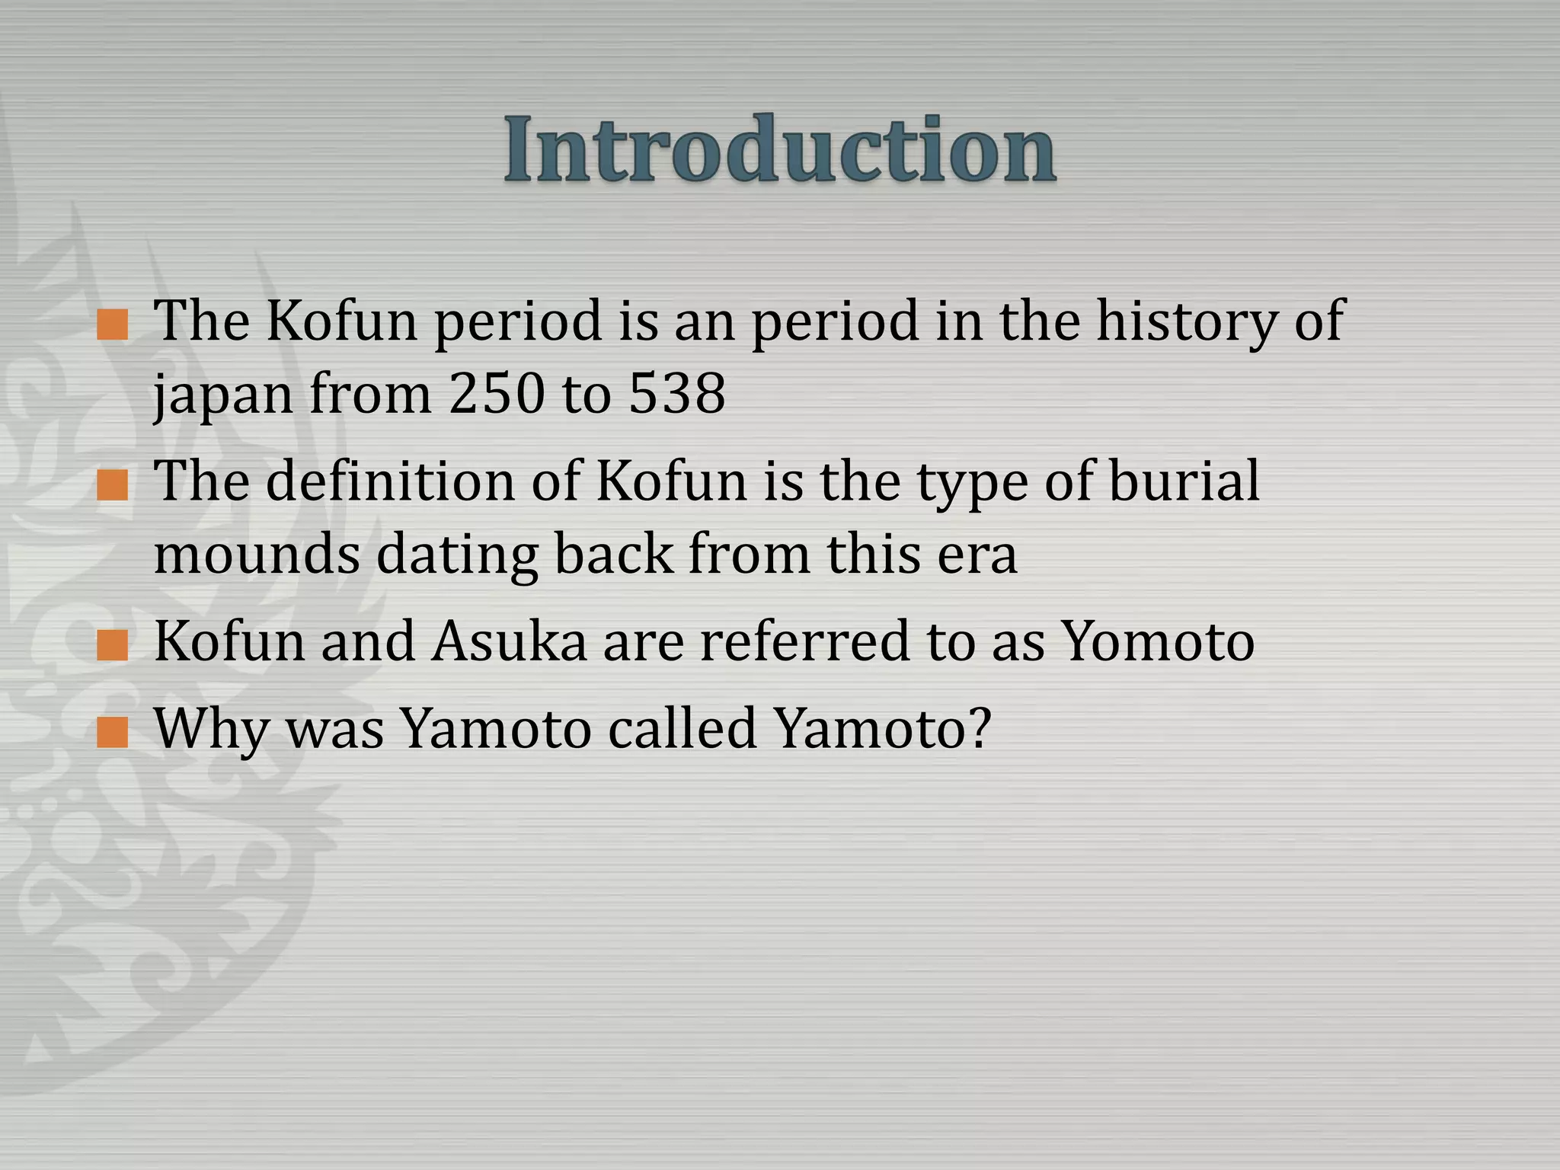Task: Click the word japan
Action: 223,398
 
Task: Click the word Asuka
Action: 509,642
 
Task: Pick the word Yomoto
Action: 1158,642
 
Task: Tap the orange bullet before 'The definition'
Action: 113,485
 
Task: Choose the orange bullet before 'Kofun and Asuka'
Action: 113,646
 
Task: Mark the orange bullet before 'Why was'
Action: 113,734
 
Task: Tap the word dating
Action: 457,556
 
